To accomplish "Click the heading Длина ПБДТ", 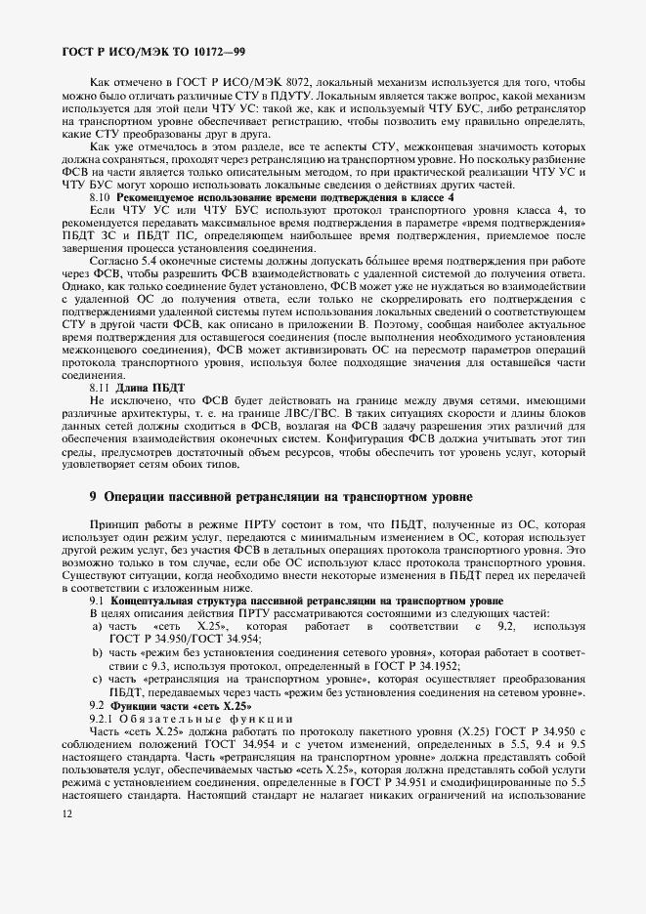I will (x=145, y=389).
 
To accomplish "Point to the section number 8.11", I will (x=102, y=389).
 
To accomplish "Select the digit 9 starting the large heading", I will (x=94, y=497).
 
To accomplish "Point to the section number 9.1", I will (x=98, y=601).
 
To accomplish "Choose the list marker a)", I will (x=98, y=626).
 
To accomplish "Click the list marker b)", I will (x=98, y=651).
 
